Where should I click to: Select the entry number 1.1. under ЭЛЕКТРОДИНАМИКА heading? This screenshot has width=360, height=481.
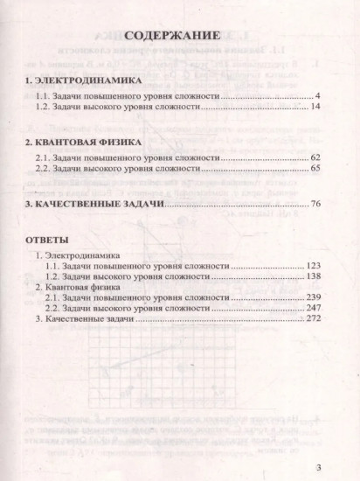[x=44, y=94]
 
